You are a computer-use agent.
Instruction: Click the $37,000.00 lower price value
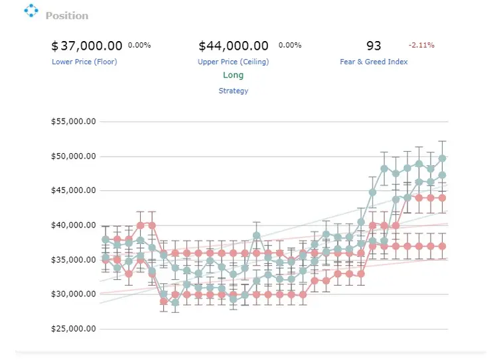click(86, 46)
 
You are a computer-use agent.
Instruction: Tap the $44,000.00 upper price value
click(234, 46)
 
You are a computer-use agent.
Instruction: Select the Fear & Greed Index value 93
click(374, 46)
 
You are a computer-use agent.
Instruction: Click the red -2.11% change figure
click(421, 45)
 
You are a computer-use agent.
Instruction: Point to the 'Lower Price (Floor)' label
click(84, 62)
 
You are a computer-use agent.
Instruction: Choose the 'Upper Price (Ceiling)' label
click(233, 62)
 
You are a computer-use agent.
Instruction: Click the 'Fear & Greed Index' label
click(374, 62)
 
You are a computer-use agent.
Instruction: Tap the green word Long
click(233, 75)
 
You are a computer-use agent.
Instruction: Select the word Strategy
click(233, 91)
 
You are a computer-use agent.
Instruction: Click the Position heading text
click(67, 16)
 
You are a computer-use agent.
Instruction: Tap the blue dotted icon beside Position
click(31, 11)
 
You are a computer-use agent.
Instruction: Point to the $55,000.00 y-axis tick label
click(74, 121)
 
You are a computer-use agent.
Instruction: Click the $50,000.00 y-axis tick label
click(74, 156)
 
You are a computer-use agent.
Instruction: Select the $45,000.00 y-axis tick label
click(74, 190)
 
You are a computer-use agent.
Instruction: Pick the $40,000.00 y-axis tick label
click(74, 225)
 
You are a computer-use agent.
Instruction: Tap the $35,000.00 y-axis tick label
click(74, 260)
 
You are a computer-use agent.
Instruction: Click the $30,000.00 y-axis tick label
click(74, 294)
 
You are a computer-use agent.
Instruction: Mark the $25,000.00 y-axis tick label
click(74, 328)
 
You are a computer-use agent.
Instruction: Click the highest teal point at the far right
click(442, 158)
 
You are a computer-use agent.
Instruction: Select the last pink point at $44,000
click(442, 198)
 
